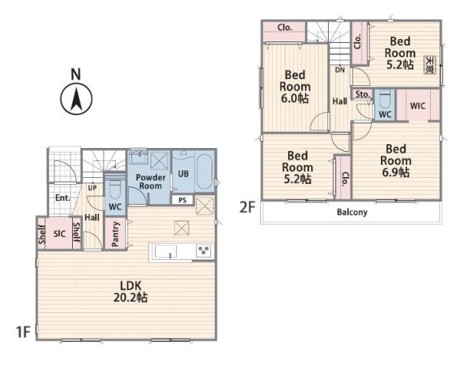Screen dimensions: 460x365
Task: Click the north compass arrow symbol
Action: tap(76, 99)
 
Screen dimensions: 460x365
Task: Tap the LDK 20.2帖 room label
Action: tap(130, 291)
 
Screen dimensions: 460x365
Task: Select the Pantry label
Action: tap(116, 234)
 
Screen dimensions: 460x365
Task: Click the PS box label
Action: tap(182, 200)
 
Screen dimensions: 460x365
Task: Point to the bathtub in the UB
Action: tap(205, 173)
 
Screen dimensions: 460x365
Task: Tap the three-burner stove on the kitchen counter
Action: tap(203, 252)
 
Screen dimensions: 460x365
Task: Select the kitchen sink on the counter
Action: tap(166, 252)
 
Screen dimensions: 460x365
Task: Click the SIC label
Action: tap(59, 234)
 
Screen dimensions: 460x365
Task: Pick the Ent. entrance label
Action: tap(63, 198)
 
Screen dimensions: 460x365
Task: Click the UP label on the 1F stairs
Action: tap(92, 188)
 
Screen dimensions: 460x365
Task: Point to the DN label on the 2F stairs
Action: tap(340, 70)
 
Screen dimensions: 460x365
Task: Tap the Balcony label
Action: tap(352, 212)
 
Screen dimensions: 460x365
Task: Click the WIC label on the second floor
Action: tap(418, 106)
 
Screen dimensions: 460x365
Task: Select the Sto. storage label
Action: tap(363, 94)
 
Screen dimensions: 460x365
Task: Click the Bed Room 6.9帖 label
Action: tap(396, 161)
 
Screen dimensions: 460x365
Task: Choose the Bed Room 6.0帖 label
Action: tap(295, 87)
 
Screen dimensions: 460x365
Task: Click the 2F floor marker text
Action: tap(248, 208)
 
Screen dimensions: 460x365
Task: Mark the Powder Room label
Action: tap(150, 182)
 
